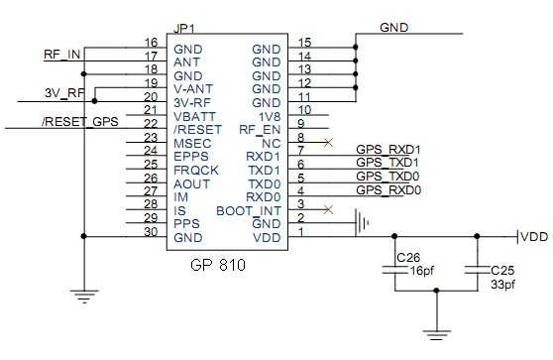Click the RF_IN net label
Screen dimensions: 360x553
(62, 55)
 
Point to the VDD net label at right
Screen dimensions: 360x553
(535, 237)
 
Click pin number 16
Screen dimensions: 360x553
(151, 43)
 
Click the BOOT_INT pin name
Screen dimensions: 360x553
(248, 210)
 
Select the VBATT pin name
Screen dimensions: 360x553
(192, 116)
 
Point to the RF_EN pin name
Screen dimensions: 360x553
(260, 129)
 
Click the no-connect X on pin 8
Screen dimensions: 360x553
(328, 143)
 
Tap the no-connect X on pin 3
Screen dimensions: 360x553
(328, 210)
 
